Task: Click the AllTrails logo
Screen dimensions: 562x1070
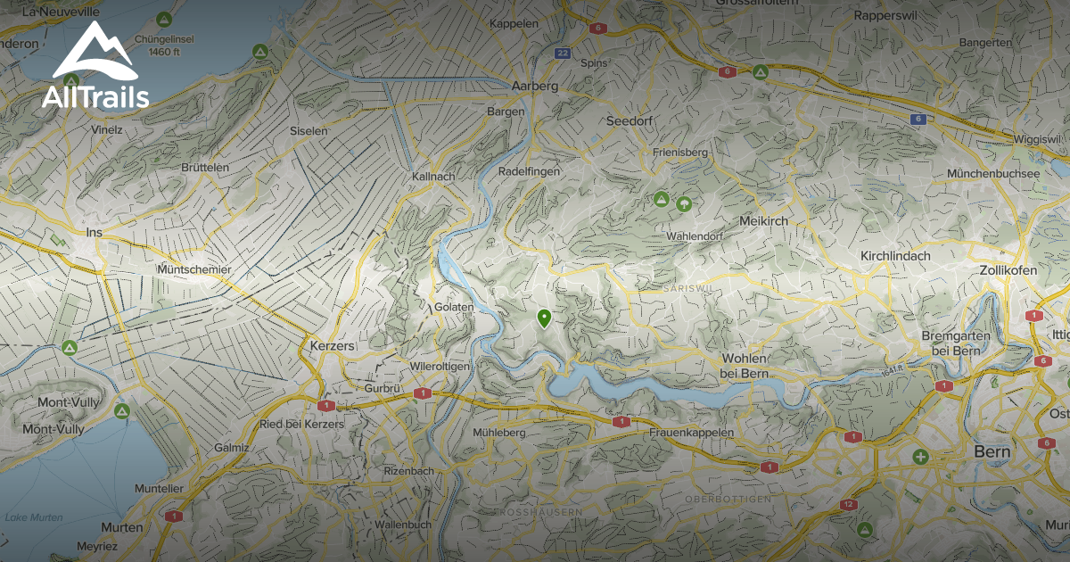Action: (x=95, y=67)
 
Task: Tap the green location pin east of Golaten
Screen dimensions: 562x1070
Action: (x=544, y=318)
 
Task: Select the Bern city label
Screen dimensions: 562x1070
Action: (x=992, y=452)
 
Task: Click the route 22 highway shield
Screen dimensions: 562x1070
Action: (x=562, y=54)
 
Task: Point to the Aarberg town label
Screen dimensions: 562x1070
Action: (x=535, y=87)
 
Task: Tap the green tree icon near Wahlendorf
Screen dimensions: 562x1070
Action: (x=684, y=203)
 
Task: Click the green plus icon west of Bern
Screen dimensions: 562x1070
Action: (x=920, y=457)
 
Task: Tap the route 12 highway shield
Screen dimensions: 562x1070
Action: (x=848, y=505)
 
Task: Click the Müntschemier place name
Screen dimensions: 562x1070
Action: (x=193, y=269)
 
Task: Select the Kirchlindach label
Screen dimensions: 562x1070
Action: (x=895, y=256)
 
